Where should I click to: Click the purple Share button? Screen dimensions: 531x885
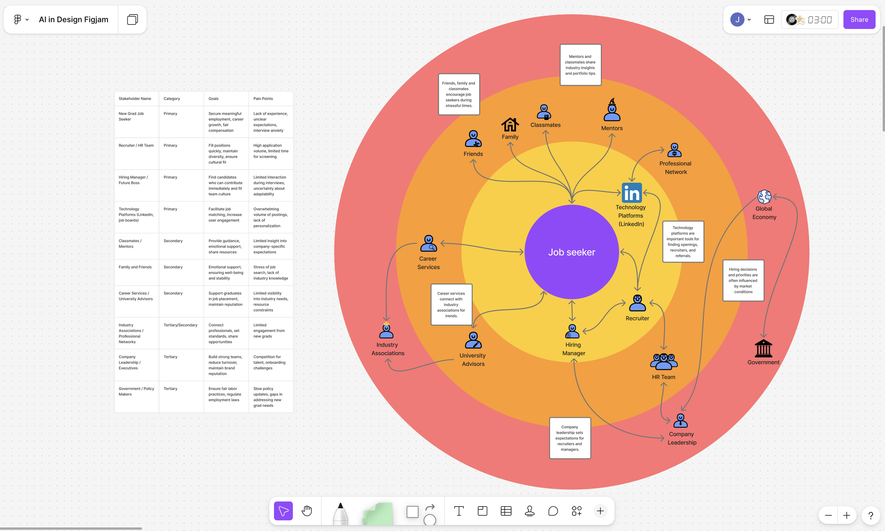pyautogui.click(x=859, y=20)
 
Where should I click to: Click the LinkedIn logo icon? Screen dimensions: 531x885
pyautogui.click(x=632, y=193)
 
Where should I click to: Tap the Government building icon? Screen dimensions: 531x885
pyautogui.click(x=763, y=349)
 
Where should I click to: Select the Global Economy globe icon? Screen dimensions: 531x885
pyautogui.click(x=764, y=197)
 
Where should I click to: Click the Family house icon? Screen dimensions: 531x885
pyautogui.click(x=510, y=125)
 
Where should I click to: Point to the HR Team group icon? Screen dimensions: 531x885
pyautogui.click(x=663, y=361)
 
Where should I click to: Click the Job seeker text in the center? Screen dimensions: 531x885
pyautogui.click(x=572, y=252)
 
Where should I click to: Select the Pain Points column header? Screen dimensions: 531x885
pyautogui.click(x=263, y=99)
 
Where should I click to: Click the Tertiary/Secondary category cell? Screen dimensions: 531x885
pyautogui.click(x=180, y=325)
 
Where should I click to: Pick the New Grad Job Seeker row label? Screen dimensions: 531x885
pyautogui.click(x=131, y=116)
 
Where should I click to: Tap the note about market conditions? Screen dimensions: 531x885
pyautogui.click(x=743, y=280)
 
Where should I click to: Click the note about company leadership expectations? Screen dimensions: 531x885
pyautogui.click(x=570, y=438)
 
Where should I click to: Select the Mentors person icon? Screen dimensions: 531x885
pyautogui.click(x=612, y=111)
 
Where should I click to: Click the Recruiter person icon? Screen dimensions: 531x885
pyautogui.click(x=638, y=303)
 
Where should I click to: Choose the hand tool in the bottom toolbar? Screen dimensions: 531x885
pyautogui.click(x=307, y=510)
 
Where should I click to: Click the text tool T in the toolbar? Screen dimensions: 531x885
pyautogui.click(x=458, y=510)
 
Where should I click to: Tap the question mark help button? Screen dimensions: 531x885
pyautogui.click(x=871, y=515)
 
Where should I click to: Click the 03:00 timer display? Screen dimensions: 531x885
pyautogui.click(x=820, y=20)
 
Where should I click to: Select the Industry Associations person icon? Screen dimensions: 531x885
pyautogui.click(x=386, y=331)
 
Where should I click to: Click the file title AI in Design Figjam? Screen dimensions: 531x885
pyautogui.click(x=73, y=20)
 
